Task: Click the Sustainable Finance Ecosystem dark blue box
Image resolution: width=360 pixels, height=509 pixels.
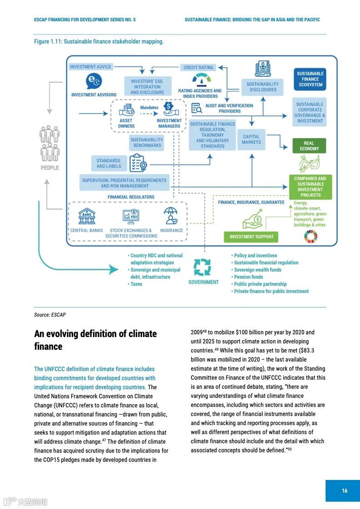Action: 310,79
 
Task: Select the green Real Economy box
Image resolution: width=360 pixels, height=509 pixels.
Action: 309,146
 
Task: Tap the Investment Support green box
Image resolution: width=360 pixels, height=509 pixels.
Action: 252,237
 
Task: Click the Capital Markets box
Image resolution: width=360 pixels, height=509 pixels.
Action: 251,139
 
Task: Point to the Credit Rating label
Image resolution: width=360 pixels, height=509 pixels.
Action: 198,68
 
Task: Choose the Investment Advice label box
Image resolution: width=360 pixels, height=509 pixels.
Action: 90,67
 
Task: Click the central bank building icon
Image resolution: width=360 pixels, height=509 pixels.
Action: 87,216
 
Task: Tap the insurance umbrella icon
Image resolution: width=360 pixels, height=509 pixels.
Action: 171,216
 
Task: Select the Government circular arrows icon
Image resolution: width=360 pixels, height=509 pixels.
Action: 202,267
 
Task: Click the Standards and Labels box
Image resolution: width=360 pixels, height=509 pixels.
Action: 108,163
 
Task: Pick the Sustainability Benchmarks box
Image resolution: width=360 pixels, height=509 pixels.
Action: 147,143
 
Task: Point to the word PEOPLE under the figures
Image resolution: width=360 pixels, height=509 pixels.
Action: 50,168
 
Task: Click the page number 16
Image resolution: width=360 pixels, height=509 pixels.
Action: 345,490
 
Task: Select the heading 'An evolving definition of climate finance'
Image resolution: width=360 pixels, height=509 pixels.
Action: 95,340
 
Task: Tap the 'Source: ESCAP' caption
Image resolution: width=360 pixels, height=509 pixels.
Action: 50,315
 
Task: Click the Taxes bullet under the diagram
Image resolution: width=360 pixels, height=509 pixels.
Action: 136,284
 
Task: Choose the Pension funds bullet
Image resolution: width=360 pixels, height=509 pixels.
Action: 248,277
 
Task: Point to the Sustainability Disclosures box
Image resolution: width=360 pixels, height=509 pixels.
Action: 262,87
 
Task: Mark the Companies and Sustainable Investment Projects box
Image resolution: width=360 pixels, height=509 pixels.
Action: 310,187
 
